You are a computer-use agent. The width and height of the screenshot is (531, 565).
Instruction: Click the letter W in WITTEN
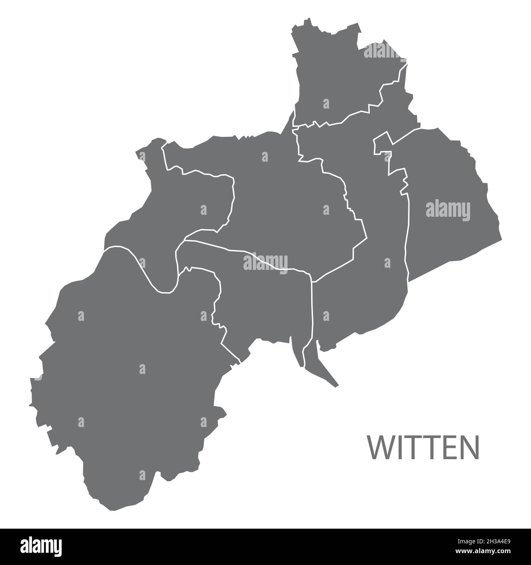[x=380, y=448]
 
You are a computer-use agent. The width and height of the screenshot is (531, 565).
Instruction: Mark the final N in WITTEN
[x=469, y=448]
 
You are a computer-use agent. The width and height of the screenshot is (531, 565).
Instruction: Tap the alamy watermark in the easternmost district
[x=448, y=211]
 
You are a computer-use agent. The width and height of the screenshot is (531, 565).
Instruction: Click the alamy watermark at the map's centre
[x=265, y=262]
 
